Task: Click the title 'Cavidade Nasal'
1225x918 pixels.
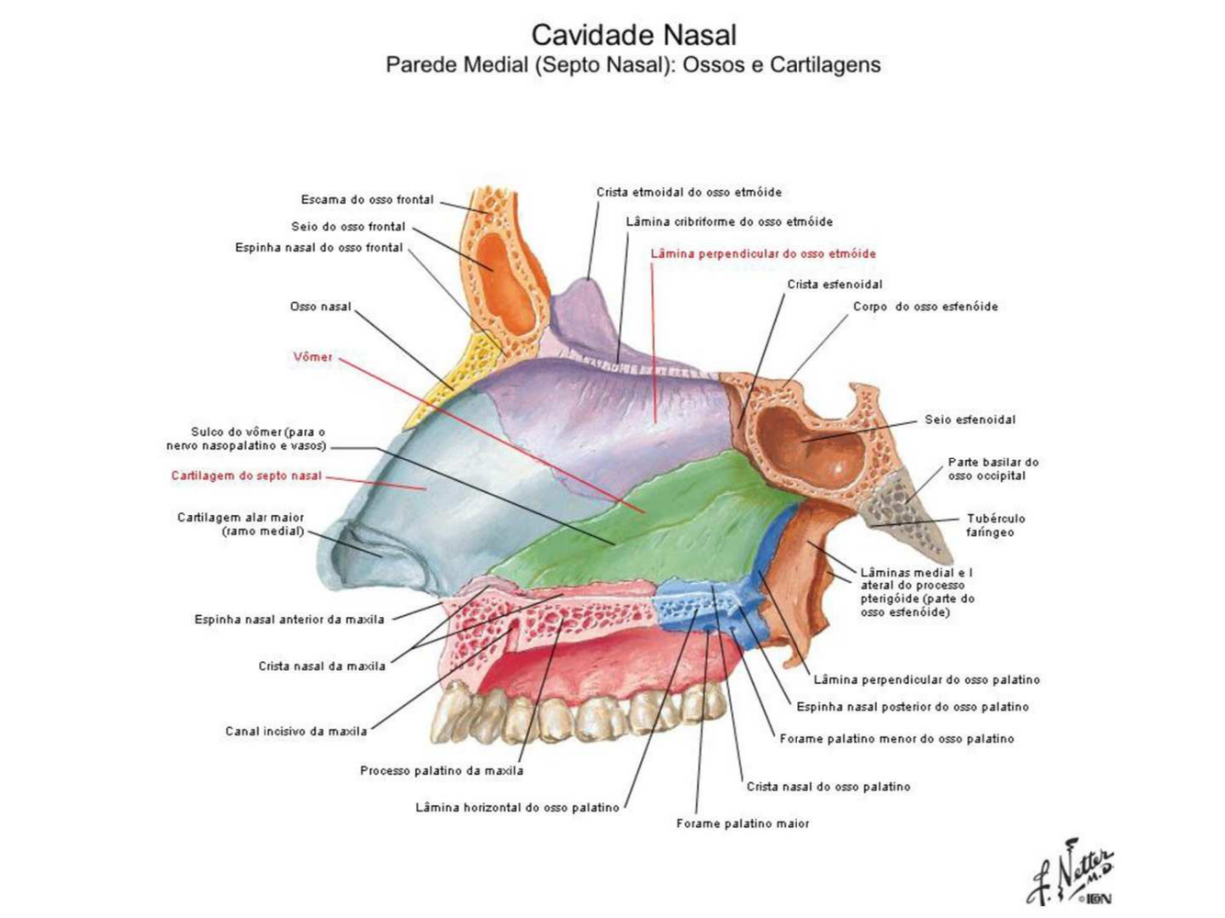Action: (634, 35)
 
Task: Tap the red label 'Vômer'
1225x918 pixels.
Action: (312, 357)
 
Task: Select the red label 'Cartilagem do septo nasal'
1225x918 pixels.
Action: (246, 476)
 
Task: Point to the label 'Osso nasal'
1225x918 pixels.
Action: (320, 307)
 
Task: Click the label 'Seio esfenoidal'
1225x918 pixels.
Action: (970, 420)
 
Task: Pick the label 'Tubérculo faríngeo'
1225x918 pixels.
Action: (995, 525)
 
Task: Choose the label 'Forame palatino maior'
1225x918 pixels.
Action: (743, 823)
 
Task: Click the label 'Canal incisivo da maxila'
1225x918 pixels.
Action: (296, 732)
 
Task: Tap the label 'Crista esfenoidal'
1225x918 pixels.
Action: (835, 285)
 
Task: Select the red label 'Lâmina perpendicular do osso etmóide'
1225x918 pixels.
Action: (763, 253)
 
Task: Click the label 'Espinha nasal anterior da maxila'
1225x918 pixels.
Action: (289, 620)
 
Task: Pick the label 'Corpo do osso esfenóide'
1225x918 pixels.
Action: (925, 307)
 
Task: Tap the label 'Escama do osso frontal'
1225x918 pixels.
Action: (367, 199)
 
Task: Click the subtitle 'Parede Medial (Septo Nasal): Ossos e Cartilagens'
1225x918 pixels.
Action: (633, 65)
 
